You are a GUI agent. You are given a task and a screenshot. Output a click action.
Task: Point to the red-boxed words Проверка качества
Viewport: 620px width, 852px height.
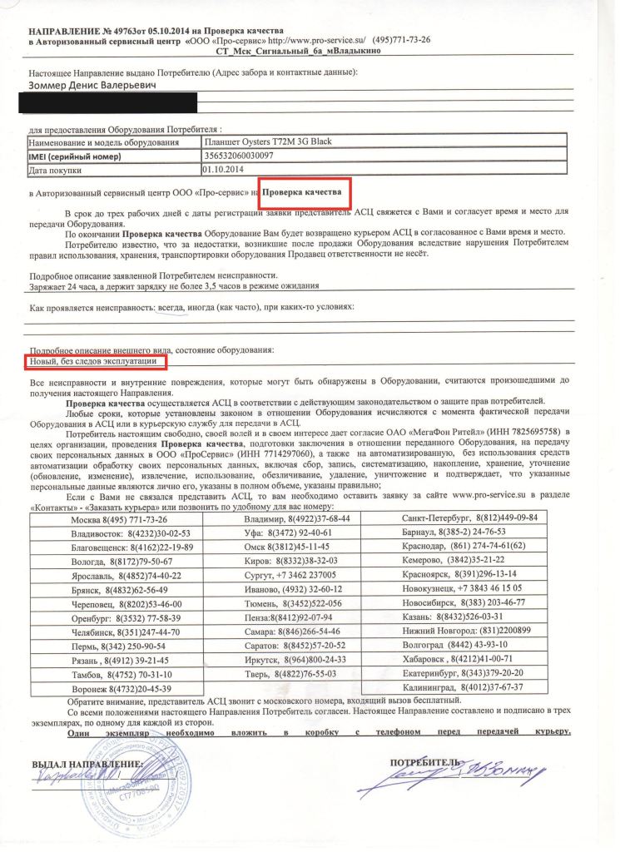click(305, 192)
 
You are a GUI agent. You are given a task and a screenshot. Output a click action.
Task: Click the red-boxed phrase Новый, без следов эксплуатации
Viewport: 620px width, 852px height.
click(95, 361)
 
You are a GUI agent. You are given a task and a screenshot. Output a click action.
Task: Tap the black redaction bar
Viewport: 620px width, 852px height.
click(112, 102)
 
